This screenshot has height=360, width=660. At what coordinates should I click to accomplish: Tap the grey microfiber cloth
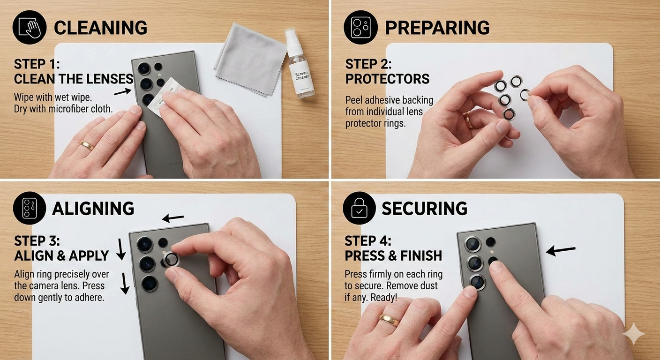pyautogui.click(x=250, y=59)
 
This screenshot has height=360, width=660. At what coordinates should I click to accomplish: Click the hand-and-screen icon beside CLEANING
pyautogui.click(x=30, y=27)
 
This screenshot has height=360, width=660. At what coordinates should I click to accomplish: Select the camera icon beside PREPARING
pyautogui.click(x=360, y=27)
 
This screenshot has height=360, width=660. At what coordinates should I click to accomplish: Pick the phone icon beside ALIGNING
pyautogui.click(x=30, y=208)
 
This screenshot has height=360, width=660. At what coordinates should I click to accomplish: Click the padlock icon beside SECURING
pyautogui.click(x=359, y=208)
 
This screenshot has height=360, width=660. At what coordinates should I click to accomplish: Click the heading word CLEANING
pyautogui.click(x=100, y=28)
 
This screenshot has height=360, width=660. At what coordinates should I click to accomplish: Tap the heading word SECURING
pyautogui.click(x=424, y=209)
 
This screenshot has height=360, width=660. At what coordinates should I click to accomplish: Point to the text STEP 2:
pyautogui.click(x=368, y=64)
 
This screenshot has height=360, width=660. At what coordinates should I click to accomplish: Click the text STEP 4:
pyautogui.click(x=368, y=241)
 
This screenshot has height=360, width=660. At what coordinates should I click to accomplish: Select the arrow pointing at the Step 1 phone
pyautogui.click(x=122, y=91)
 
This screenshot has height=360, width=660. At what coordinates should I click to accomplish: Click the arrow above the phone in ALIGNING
pyautogui.click(x=173, y=218)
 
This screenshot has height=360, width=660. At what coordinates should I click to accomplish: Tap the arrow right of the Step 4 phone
pyautogui.click(x=561, y=250)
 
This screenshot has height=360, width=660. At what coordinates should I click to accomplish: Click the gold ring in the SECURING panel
pyautogui.click(x=390, y=320)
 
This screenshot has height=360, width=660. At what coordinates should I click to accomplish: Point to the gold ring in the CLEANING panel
pyautogui.click(x=87, y=145)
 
